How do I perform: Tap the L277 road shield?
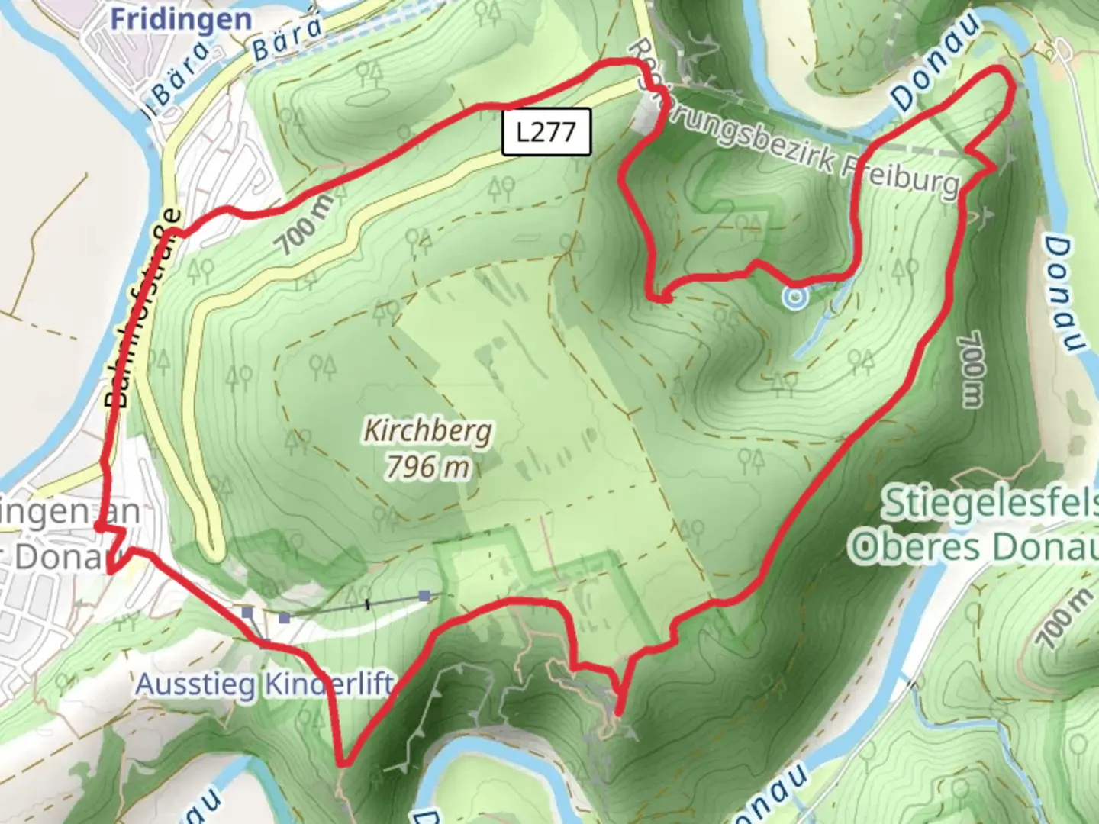pos(546,132)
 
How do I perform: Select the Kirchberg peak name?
pos(427,431)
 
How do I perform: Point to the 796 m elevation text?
pos(427,466)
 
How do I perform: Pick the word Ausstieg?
pos(195,684)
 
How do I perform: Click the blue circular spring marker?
pos(794,297)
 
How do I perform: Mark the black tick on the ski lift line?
pos(368,605)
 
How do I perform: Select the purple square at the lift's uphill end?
pos(424,596)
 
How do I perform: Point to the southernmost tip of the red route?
pos(343,762)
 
